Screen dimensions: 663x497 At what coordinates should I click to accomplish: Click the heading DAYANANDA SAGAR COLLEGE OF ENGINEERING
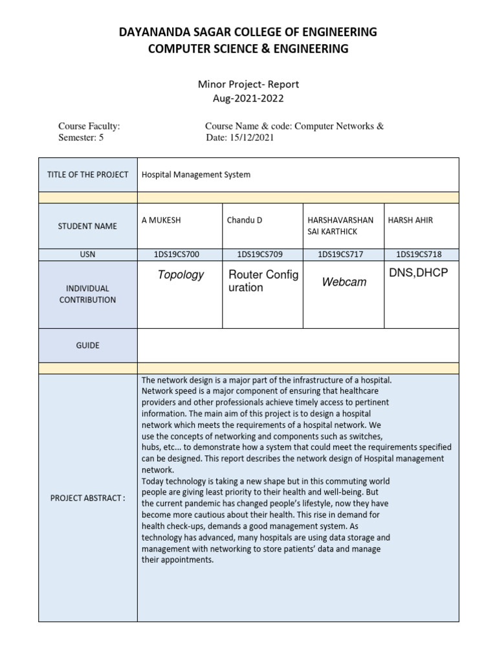(248, 32)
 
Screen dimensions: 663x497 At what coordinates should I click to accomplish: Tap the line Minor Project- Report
(248, 84)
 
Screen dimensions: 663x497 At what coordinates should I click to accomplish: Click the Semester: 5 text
(81, 138)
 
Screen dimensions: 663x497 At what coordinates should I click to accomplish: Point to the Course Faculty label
(89, 126)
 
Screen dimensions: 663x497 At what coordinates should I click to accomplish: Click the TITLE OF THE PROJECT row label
(87, 175)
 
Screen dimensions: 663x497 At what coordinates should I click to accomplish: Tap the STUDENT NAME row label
(87, 226)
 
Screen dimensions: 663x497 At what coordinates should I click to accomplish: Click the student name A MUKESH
(161, 220)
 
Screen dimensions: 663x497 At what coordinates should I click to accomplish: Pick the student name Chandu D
(244, 220)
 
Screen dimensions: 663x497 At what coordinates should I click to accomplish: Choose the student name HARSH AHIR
(410, 220)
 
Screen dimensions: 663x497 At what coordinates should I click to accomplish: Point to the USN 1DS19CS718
(420, 254)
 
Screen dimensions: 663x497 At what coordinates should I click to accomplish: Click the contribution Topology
(181, 275)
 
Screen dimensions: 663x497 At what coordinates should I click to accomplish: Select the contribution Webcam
(344, 282)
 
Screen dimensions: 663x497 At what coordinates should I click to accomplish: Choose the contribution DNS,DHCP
(418, 274)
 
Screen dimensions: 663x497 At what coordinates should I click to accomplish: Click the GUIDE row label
(87, 346)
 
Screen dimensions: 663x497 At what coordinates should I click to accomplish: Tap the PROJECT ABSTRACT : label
(87, 497)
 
